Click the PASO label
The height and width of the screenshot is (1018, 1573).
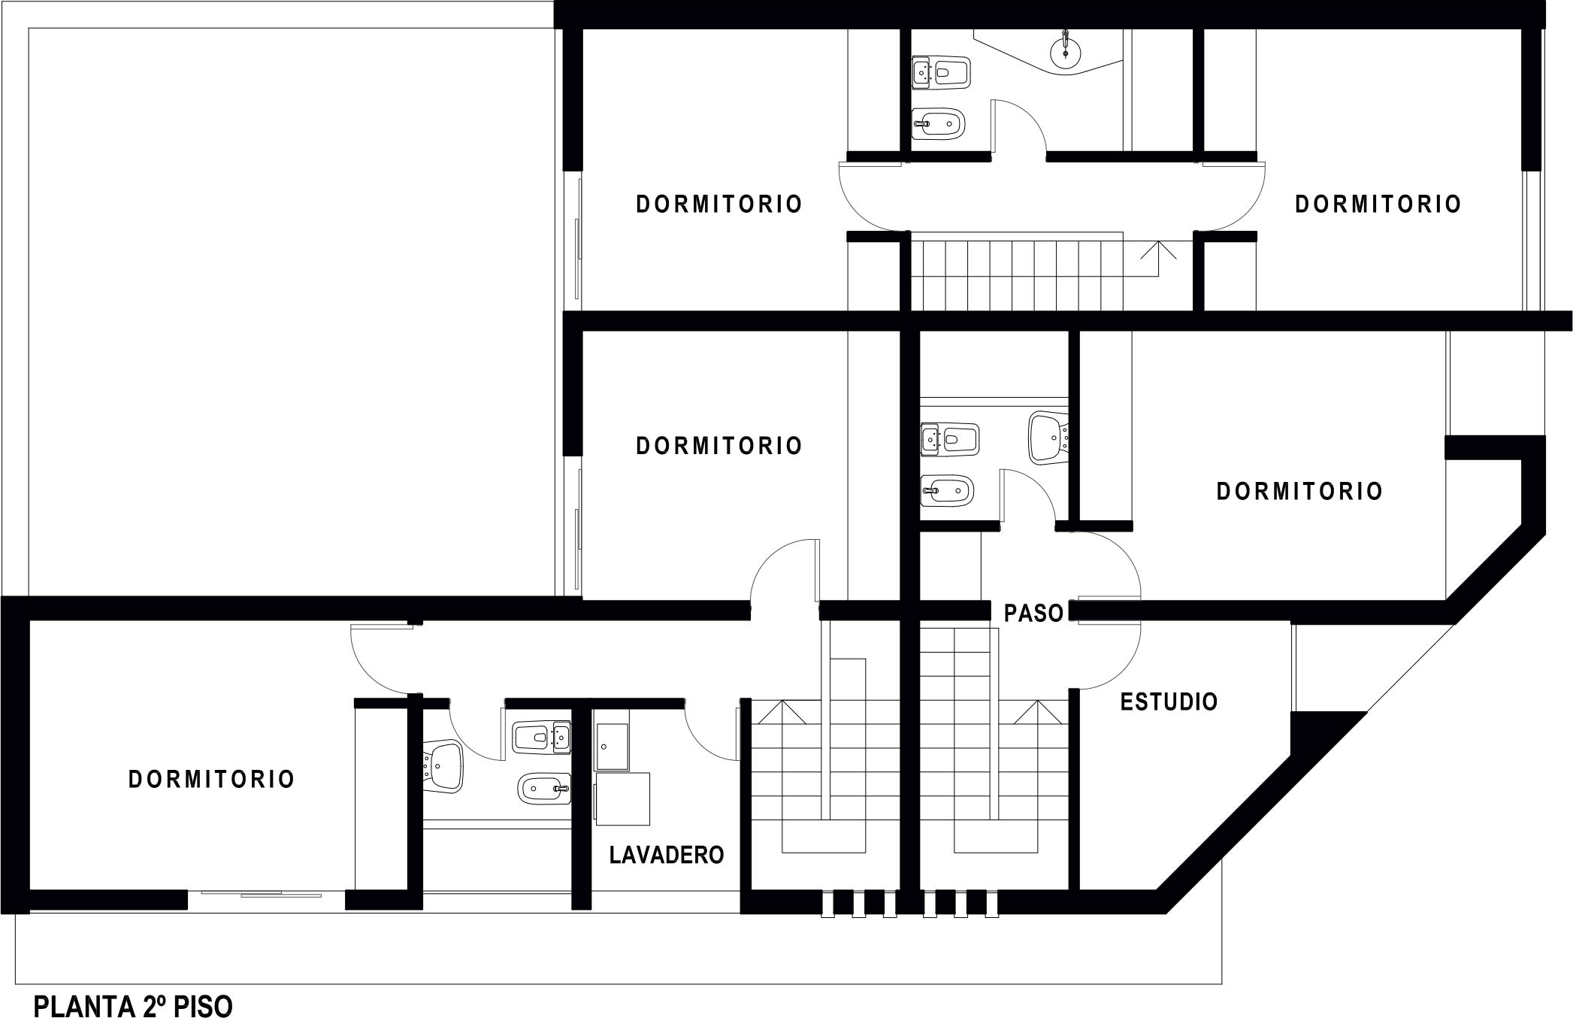[x=1033, y=614]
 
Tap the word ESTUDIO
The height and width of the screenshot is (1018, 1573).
[x=1169, y=702]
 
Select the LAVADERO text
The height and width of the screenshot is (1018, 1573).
[x=667, y=855]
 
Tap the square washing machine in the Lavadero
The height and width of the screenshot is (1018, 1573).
[x=622, y=799]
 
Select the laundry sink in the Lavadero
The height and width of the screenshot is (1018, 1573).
[x=613, y=747]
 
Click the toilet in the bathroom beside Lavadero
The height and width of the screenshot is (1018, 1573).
[x=541, y=738]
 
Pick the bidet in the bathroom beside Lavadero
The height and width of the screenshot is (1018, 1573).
[x=543, y=789]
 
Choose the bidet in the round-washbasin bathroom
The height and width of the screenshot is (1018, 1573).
[x=939, y=123]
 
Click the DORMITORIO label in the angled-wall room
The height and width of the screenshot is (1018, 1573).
[x=1299, y=492]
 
